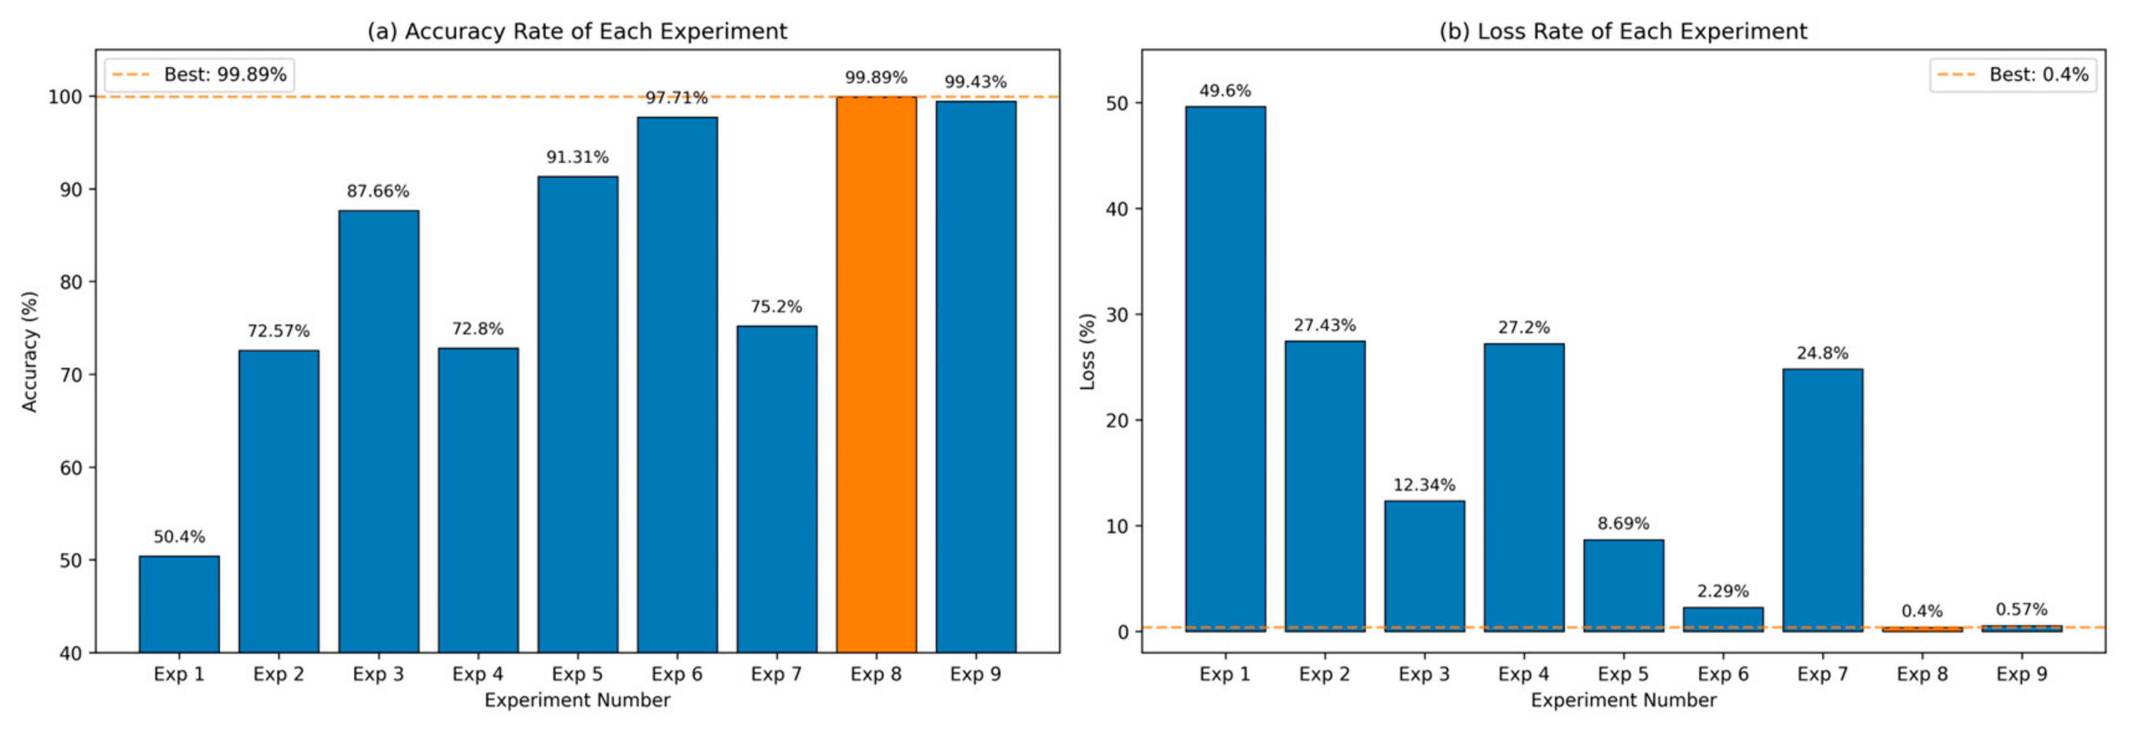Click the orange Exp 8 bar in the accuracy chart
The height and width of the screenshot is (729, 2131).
[x=876, y=375]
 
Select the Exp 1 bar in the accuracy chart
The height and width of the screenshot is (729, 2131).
[x=180, y=604]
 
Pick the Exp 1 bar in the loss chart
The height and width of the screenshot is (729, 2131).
[x=1225, y=369]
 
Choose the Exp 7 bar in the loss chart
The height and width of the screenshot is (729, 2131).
[x=1822, y=500]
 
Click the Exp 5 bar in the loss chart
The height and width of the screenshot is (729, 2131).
[x=1623, y=586]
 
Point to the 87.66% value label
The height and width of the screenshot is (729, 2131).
[x=378, y=191]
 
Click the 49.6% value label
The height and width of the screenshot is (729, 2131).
[x=1225, y=90]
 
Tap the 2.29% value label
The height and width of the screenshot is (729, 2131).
[x=1723, y=591]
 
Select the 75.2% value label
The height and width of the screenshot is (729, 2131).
[x=776, y=307]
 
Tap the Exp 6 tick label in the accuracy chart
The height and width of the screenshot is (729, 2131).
[x=677, y=674]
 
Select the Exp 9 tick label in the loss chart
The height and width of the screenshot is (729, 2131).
[x=2022, y=674]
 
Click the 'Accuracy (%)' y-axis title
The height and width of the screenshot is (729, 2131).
[x=30, y=352]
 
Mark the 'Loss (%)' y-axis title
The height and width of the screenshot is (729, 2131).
[x=1087, y=352]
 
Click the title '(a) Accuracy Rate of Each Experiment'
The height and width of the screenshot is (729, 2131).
[x=577, y=32]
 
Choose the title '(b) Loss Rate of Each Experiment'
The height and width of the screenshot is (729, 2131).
[x=1623, y=32]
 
